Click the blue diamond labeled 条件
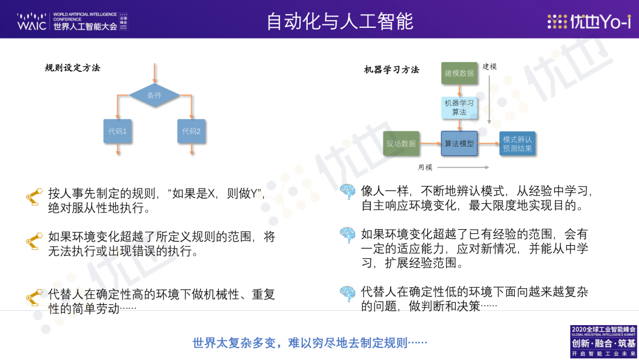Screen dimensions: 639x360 click(154, 95)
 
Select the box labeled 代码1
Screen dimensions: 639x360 click(117, 131)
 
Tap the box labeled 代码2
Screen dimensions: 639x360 click(191, 131)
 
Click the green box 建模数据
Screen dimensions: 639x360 click(459, 73)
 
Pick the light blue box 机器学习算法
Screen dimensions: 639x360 click(459, 108)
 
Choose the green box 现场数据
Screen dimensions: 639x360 click(401, 143)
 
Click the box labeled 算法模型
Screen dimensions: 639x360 click(459, 143)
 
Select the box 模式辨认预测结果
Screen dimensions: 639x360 click(517, 143)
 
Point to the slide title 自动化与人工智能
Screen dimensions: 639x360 click(340, 21)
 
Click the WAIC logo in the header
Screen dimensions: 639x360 click(72, 21)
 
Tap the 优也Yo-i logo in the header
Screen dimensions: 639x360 click(589, 21)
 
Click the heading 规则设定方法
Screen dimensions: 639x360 click(73, 67)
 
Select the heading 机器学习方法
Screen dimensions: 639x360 click(392, 70)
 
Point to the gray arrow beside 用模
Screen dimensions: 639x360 click(463, 167)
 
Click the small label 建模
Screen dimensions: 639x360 click(489, 66)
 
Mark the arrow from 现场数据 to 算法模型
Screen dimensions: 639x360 click(430, 143)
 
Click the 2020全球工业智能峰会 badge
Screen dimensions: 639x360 click(603, 342)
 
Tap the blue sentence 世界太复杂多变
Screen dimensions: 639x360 click(309, 343)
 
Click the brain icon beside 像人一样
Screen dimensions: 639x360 click(348, 191)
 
